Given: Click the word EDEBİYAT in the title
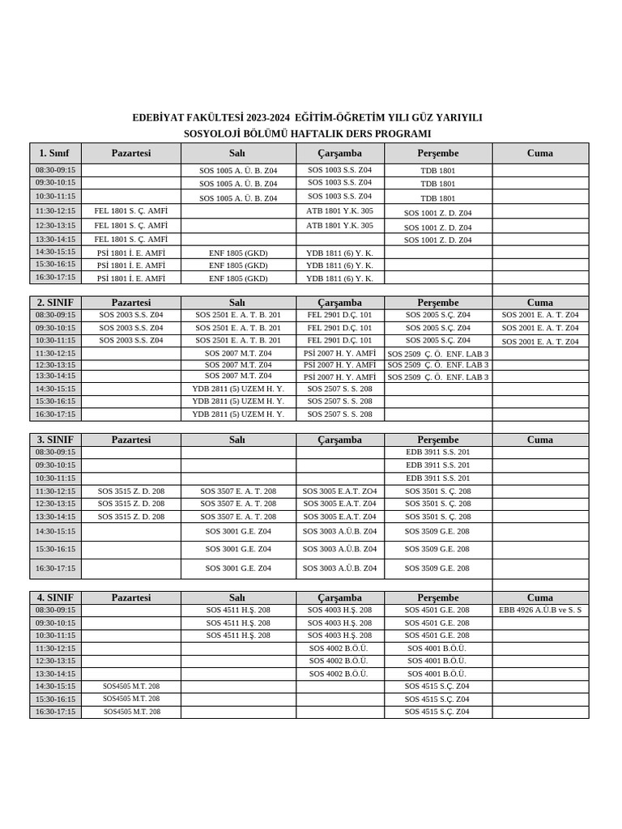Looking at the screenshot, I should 159,118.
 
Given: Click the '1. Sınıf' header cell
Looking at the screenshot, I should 55,153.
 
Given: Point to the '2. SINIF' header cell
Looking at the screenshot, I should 55,302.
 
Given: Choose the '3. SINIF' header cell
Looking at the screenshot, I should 55,440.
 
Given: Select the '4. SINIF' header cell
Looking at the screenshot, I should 55,597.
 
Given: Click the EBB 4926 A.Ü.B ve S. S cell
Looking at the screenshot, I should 540,610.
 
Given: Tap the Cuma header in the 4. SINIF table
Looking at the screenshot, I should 540,597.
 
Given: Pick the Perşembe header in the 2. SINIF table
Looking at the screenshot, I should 438,302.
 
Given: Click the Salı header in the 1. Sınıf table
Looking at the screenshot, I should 237,153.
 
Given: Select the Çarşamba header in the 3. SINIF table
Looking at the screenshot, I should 339,440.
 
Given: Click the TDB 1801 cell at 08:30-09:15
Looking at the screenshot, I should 438,171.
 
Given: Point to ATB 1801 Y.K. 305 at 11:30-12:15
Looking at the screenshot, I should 339,210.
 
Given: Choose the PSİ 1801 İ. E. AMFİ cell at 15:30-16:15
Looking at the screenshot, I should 131,265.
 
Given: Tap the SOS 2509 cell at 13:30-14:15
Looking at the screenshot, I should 438,376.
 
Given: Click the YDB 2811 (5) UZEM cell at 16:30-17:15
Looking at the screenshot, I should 237,414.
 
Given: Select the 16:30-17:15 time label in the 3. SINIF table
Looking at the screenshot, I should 55,568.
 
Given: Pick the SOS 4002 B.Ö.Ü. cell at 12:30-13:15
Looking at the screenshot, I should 339,661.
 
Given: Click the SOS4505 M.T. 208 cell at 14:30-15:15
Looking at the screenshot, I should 131,686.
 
